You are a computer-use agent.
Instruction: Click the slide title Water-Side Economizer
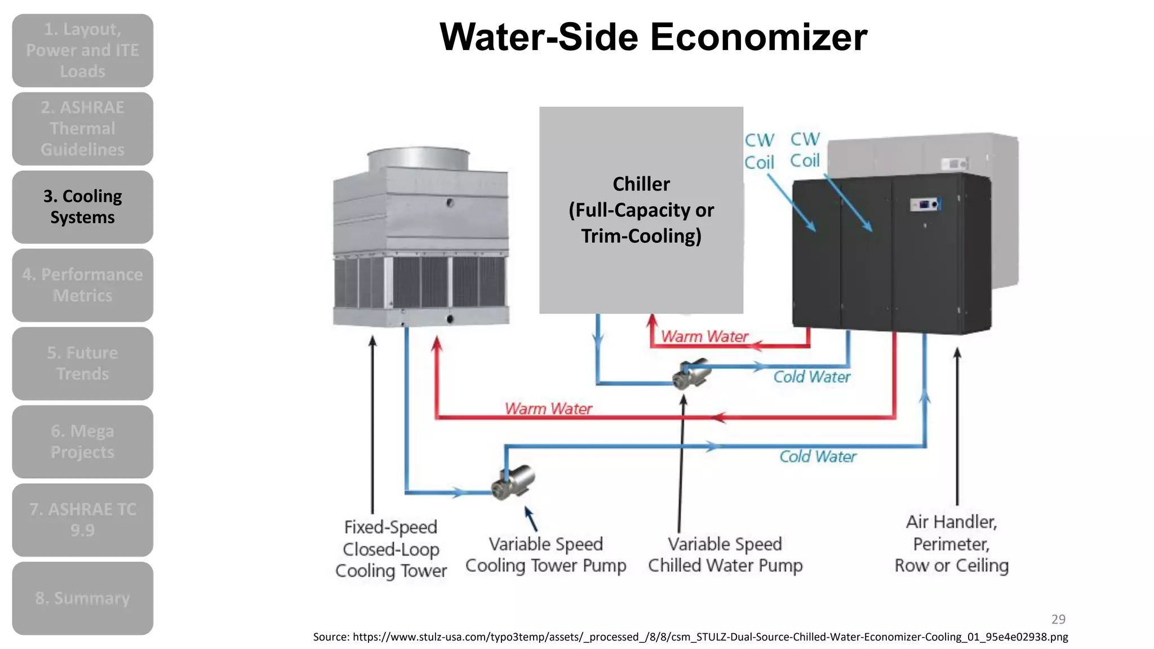(653, 37)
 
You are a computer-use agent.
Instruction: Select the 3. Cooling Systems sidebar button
(83, 207)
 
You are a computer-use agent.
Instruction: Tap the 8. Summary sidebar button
(83, 598)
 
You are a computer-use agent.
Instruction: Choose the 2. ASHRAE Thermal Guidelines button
(83, 128)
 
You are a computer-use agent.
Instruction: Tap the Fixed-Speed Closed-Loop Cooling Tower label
(390, 549)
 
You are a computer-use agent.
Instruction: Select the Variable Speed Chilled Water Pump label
(725, 555)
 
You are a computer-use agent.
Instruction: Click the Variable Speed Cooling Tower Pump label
(545, 555)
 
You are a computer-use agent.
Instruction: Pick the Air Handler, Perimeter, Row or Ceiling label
(951, 544)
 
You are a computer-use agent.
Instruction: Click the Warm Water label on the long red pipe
(548, 408)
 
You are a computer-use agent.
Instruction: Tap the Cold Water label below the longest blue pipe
(818, 456)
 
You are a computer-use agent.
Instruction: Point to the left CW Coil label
(759, 151)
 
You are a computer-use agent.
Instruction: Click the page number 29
(1058, 619)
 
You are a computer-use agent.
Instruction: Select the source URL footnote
(690, 637)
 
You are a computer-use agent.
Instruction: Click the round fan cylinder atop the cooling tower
(418, 159)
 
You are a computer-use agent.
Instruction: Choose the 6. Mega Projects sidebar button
(83, 442)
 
